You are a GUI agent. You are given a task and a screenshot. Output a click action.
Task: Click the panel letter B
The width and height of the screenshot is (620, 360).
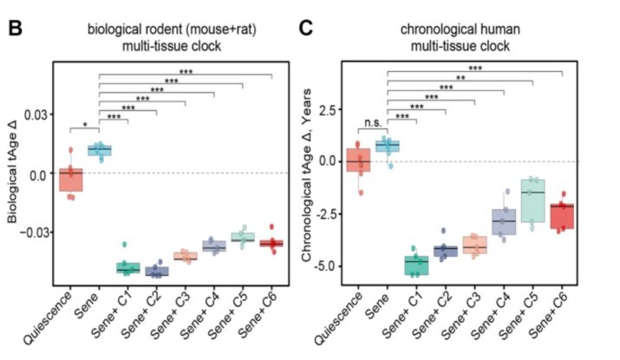[14, 28]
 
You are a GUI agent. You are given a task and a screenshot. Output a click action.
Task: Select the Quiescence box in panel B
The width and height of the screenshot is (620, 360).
[71, 180]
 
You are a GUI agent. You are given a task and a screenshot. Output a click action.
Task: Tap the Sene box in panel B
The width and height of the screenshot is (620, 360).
[100, 150]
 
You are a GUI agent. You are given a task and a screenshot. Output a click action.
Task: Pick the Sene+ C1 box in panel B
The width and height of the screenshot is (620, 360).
[128, 267]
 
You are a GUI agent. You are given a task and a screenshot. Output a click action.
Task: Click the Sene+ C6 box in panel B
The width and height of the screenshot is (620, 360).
[271, 243]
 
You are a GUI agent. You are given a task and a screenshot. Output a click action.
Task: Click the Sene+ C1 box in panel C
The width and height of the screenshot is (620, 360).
[416, 264]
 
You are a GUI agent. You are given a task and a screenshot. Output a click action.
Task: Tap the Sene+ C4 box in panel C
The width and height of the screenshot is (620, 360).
[504, 221]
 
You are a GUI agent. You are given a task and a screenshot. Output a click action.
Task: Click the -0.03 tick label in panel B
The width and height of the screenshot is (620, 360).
[31, 232]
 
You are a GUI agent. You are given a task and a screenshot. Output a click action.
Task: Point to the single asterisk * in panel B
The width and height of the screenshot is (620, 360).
[85, 125]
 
